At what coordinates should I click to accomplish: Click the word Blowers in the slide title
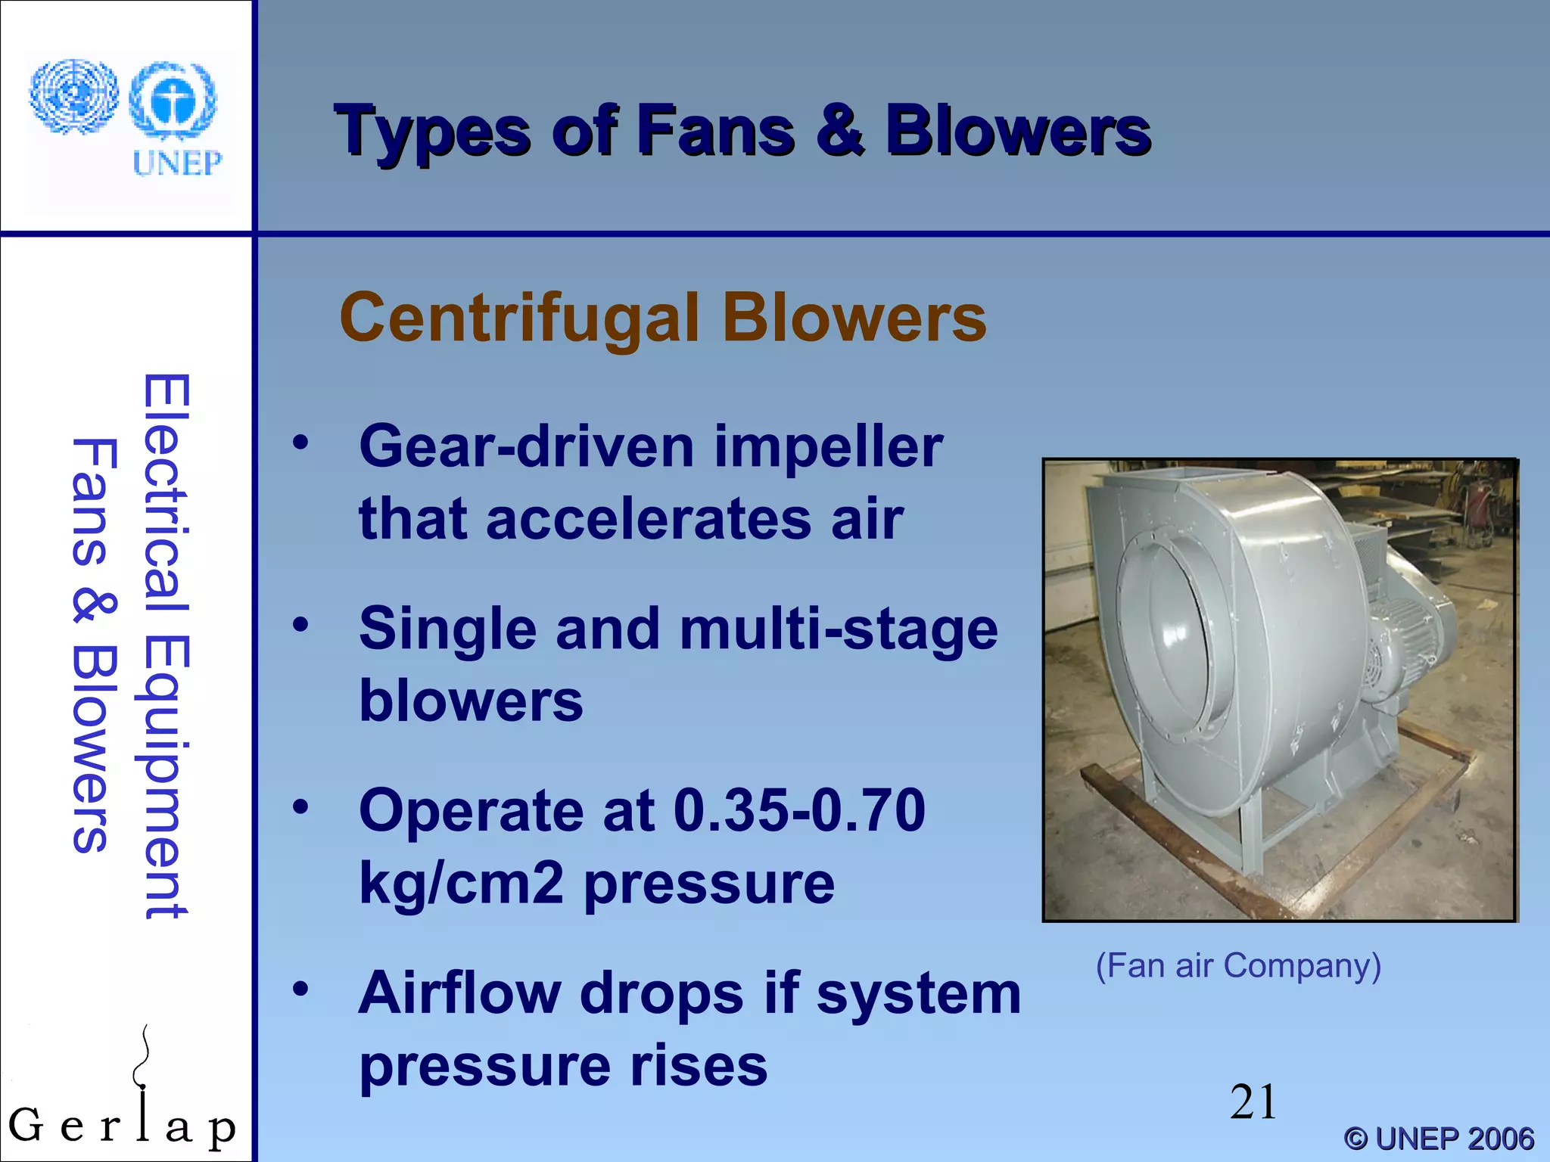1018,132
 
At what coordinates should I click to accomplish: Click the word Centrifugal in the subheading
518,318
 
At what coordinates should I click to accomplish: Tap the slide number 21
1253,1101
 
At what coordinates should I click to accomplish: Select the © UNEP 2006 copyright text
1439,1139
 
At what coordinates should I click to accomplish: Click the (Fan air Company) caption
1238,966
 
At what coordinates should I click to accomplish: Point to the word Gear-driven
526,446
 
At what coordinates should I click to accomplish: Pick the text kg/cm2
461,884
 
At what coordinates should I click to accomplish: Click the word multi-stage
839,629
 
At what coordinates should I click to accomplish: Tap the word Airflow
459,993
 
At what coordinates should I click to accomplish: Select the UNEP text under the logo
177,163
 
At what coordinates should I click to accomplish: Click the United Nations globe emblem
73,96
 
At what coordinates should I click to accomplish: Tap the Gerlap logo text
121,1126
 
